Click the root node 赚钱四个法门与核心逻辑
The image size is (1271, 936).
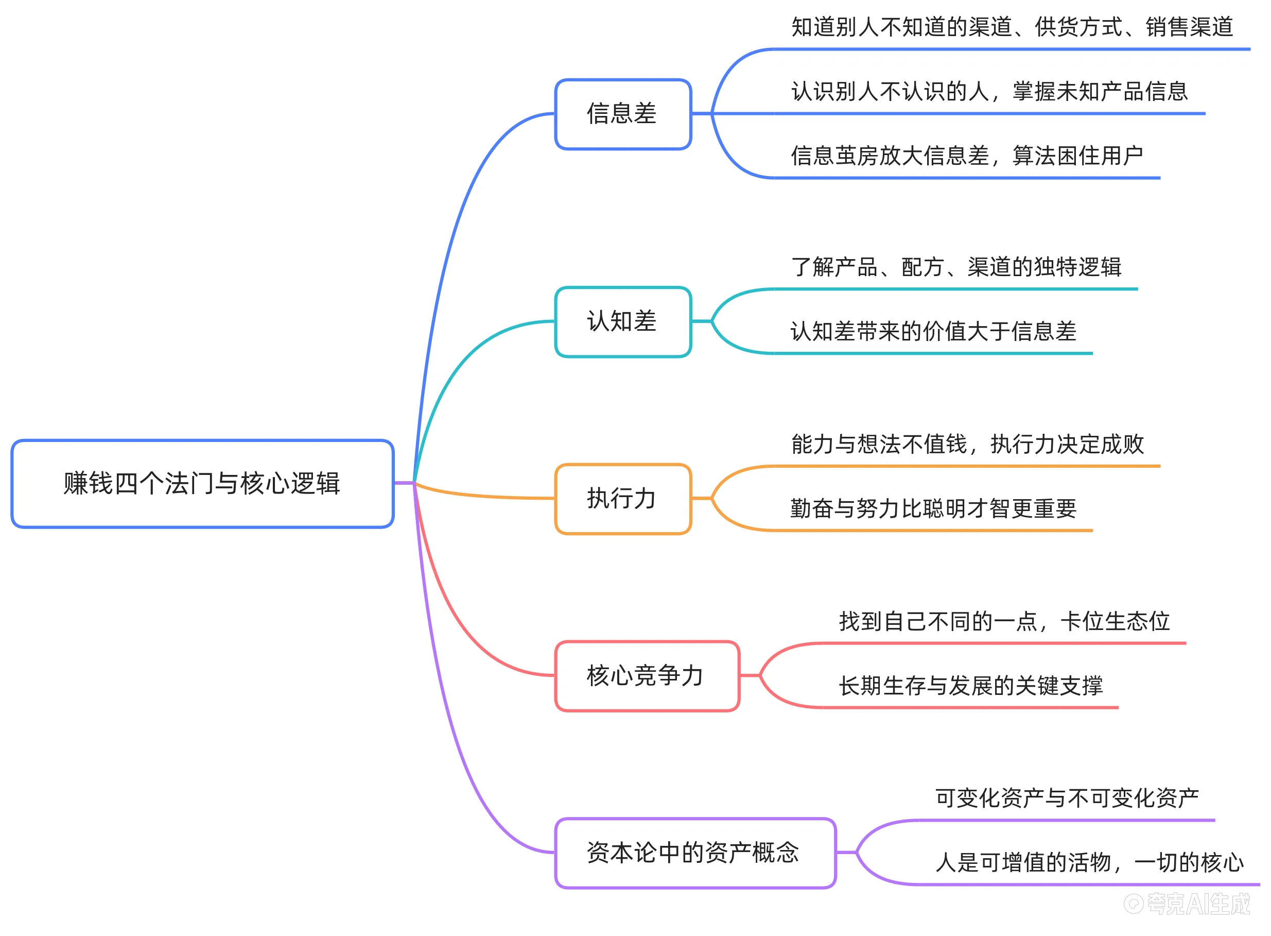[202, 483]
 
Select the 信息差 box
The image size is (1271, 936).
[623, 114]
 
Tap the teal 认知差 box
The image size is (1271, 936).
[623, 321]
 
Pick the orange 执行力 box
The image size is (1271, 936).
[623, 499]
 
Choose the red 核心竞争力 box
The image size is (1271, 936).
[647, 675]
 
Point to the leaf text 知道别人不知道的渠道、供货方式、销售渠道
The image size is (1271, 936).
[1012, 27]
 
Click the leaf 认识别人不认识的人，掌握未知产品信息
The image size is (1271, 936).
[989, 91]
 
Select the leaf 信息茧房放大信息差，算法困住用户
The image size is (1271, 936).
[966, 156]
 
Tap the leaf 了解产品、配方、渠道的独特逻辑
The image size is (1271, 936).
[955, 267]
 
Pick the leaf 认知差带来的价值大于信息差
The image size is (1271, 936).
[933, 331]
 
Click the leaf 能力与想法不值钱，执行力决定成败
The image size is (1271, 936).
[967, 444]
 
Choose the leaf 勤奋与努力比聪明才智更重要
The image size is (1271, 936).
[933, 508]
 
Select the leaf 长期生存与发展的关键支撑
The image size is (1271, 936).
[970, 686]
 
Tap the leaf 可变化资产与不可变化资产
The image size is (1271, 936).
[1067, 798]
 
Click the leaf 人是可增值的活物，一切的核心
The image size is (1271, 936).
[1089, 862]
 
